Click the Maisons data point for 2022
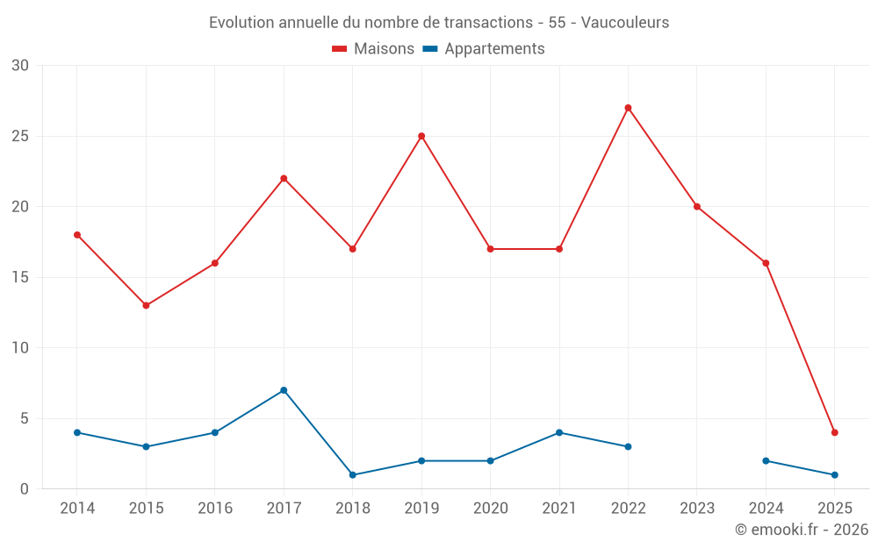tap(628, 108)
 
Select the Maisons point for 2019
tap(421, 136)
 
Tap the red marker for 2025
tap(834, 432)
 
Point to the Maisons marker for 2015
tap(146, 305)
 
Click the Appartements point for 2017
tap(284, 390)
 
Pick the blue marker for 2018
tap(352, 475)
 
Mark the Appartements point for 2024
tap(766, 461)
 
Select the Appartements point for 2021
tap(559, 432)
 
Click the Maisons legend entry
tap(373, 49)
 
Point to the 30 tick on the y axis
tap(20, 66)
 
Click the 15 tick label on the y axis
tap(20, 278)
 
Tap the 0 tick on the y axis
tap(25, 489)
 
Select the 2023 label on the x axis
tap(697, 509)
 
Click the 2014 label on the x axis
tap(77, 509)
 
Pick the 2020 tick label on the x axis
tap(490, 509)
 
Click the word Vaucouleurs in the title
tap(625, 23)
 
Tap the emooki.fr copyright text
tap(802, 530)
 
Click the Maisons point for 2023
tap(697, 207)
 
